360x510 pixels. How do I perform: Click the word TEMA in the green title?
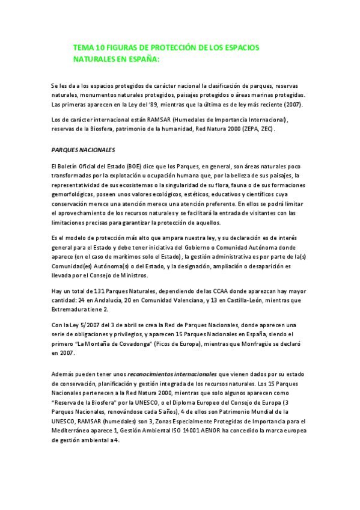[82, 47]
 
